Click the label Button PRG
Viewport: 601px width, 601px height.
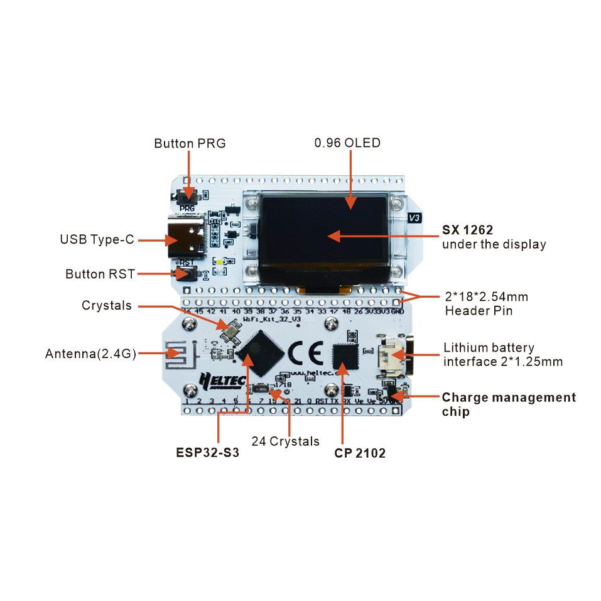(190, 143)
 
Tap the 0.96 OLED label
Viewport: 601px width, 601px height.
(347, 143)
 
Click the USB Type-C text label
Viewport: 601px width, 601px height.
(97, 239)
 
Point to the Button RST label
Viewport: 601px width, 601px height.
(99, 274)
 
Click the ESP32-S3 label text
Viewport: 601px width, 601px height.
(207, 453)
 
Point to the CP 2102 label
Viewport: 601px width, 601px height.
(360, 453)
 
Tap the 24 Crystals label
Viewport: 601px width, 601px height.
(285, 441)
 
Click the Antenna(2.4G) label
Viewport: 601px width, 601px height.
(90, 354)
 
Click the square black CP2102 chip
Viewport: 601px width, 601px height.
(345, 356)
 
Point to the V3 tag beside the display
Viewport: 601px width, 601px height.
(414, 218)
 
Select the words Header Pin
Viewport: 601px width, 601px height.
(479, 310)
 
